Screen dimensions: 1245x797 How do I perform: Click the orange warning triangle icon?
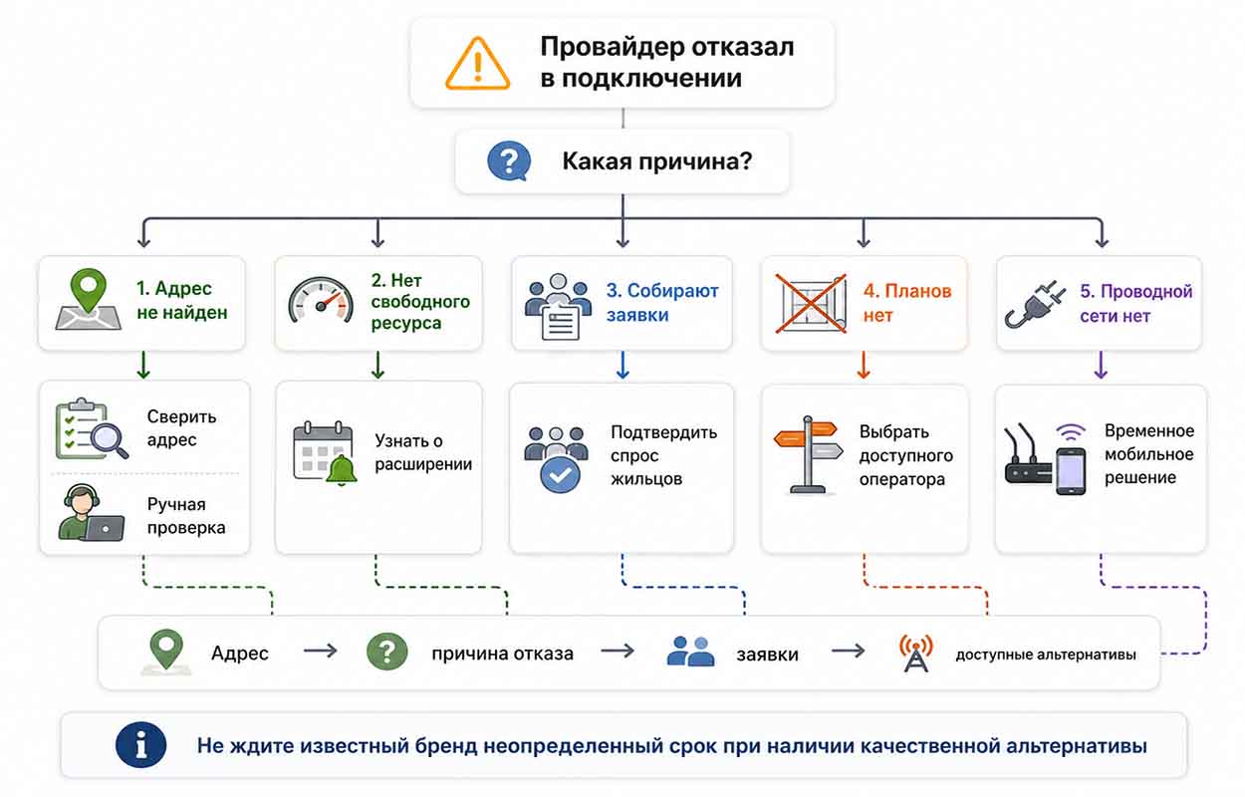pos(477,64)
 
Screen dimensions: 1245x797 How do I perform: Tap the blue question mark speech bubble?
pos(509,161)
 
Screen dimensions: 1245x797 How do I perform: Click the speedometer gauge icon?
pos(321,300)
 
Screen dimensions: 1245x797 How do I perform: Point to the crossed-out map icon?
pos(811,304)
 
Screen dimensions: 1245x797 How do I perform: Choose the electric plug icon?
pos(1035,305)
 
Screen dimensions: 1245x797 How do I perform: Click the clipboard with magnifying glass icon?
pos(92,428)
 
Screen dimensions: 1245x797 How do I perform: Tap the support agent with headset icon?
pos(91,512)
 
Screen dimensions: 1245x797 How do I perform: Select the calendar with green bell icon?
pos(325,453)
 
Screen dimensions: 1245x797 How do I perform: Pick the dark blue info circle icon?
pos(140,745)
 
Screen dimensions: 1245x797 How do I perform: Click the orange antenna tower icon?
pos(915,654)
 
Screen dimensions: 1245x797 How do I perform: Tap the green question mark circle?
pos(386,652)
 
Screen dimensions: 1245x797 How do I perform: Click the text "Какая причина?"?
pos(657,161)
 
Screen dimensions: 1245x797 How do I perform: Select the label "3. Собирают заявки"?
pos(662,302)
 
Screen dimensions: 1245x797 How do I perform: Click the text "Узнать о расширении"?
pos(423,452)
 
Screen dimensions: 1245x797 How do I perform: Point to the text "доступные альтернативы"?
pos(1046,655)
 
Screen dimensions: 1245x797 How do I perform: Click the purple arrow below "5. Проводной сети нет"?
pos(1101,366)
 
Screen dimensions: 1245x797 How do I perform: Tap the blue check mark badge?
pos(560,474)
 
